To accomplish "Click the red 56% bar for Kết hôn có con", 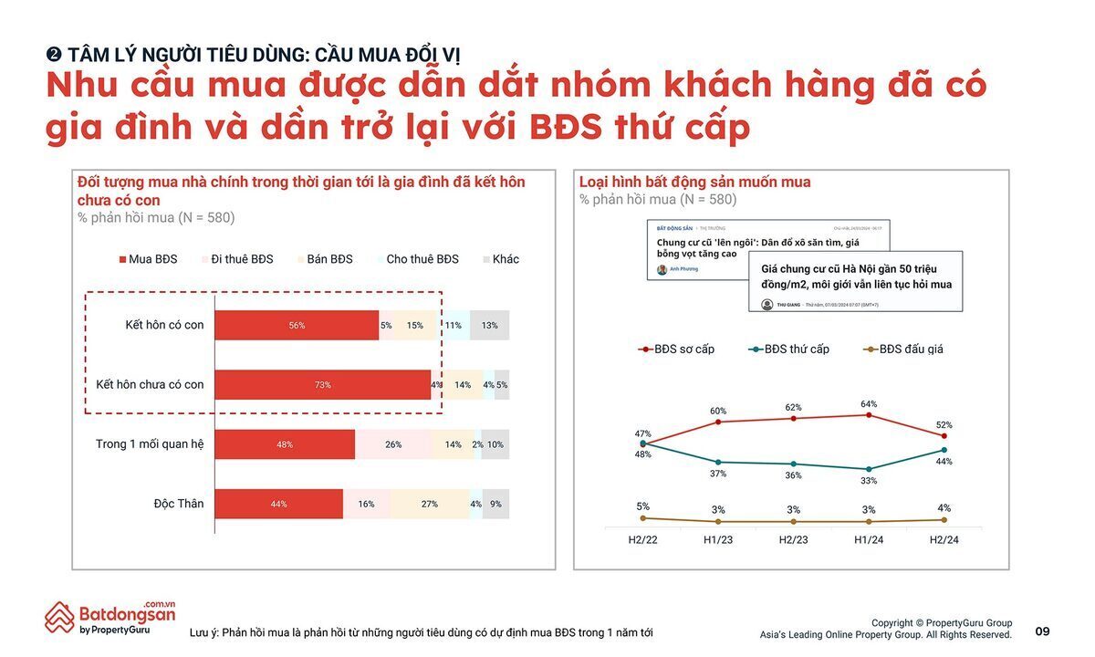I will (x=297, y=325).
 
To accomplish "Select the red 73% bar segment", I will (x=322, y=385).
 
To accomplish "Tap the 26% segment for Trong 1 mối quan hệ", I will (x=393, y=444).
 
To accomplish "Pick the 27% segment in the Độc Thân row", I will (x=429, y=504).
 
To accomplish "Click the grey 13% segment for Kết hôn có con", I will (x=490, y=325).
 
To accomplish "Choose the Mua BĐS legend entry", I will (x=148, y=259).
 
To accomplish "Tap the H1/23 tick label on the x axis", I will (x=718, y=539).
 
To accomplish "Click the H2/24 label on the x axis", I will (x=944, y=539).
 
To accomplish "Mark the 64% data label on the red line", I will (x=869, y=403).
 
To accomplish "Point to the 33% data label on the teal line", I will (x=869, y=481).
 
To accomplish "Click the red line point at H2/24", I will (x=944, y=436).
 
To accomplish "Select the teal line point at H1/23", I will (x=718, y=462).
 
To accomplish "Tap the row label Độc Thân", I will (x=179, y=504).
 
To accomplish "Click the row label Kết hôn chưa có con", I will (x=150, y=385).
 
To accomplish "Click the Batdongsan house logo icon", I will (x=60, y=617).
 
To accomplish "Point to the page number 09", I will (x=1042, y=631).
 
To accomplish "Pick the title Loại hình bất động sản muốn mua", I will (x=694, y=182).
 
